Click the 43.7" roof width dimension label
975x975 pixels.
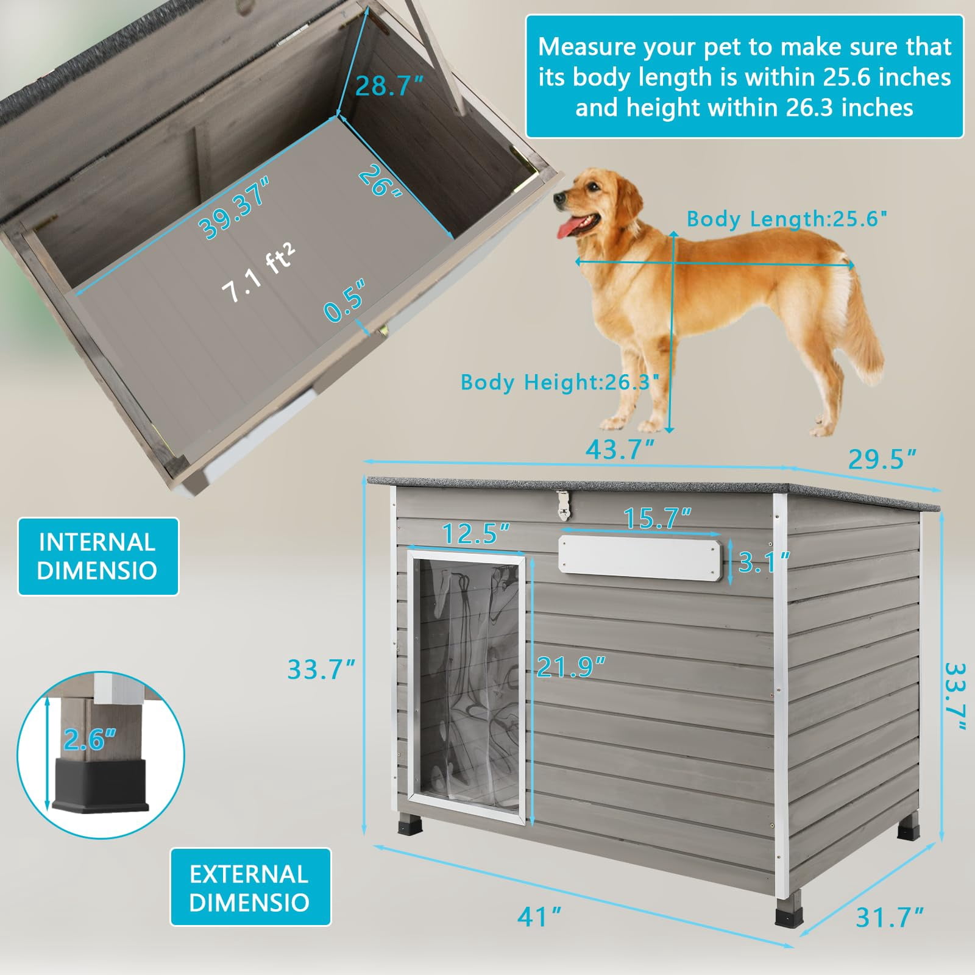(620, 450)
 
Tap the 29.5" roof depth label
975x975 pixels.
(882, 459)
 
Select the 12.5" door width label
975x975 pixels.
(476, 533)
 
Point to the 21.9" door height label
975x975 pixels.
(571, 667)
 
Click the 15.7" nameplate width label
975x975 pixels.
(658, 518)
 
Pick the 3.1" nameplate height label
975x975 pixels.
(765, 562)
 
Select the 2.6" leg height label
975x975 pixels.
(90, 740)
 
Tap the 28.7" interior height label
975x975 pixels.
(389, 87)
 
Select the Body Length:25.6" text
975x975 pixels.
(787, 219)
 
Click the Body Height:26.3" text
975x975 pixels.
(560, 382)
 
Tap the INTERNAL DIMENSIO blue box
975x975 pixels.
(98, 556)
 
